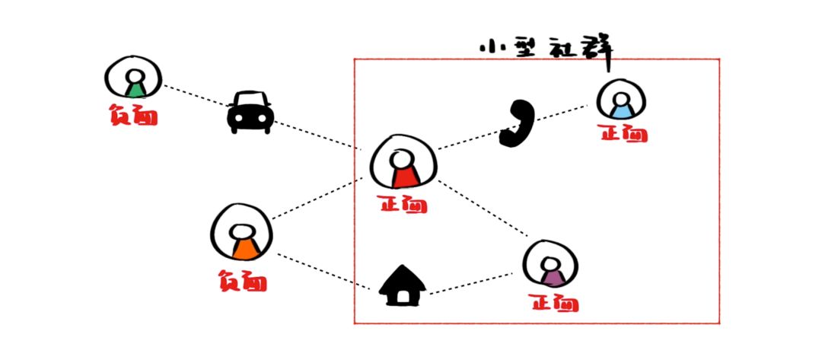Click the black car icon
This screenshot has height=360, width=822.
[x=250, y=113]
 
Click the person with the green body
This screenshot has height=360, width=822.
[x=134, y=79]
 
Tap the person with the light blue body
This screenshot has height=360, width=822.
[x=621, y=101]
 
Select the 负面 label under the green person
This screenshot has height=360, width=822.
[x=133, y=116]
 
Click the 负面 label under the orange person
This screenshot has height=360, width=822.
[x=241, y=281]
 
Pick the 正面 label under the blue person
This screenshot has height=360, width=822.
[x=623, y=135]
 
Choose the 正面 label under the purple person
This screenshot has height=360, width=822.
[x=553, y=304]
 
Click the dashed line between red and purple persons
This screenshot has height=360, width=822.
[x=485, y=209]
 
